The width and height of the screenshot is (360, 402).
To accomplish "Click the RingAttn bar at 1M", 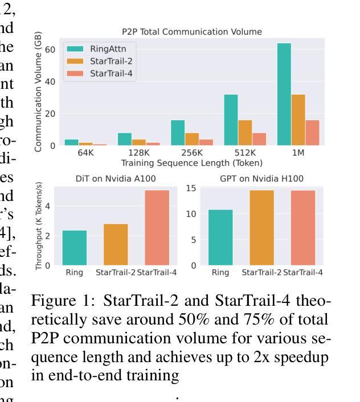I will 284,94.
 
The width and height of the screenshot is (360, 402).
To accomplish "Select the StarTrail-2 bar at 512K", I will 245,133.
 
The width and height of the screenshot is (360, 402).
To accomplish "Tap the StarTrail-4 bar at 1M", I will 312,133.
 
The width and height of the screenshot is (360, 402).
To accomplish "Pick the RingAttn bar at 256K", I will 177,133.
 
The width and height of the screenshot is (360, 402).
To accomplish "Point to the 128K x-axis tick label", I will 139,153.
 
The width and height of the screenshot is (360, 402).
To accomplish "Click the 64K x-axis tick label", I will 85,153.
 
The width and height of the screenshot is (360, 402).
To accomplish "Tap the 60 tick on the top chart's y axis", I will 51,50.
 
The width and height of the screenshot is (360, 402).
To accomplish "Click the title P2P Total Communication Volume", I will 192,32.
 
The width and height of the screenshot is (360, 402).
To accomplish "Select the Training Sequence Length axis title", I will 192,163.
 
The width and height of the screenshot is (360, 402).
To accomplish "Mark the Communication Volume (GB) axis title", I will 38,91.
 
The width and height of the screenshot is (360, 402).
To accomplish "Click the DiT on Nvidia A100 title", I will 116,178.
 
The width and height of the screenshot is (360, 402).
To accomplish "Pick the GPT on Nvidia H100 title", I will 261,178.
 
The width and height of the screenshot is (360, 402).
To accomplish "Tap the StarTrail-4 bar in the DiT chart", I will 157,228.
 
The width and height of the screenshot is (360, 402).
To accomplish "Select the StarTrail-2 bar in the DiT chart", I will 116,245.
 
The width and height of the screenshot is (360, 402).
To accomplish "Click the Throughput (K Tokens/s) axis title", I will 39,226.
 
